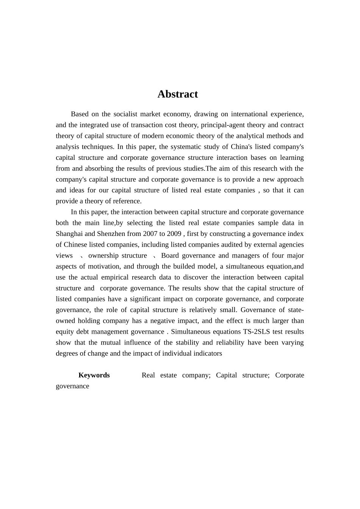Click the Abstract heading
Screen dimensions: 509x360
point(177,94)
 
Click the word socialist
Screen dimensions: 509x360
point(125,114)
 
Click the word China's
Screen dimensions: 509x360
point(237,147)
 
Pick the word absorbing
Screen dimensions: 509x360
point(99,169)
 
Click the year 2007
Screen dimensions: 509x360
point(150,234)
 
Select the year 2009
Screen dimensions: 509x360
point(174,234)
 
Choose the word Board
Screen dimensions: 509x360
point(170,256)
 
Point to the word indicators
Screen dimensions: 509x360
point(207,353)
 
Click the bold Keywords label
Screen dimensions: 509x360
point(94,375)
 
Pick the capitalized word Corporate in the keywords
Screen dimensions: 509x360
point(290,375)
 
